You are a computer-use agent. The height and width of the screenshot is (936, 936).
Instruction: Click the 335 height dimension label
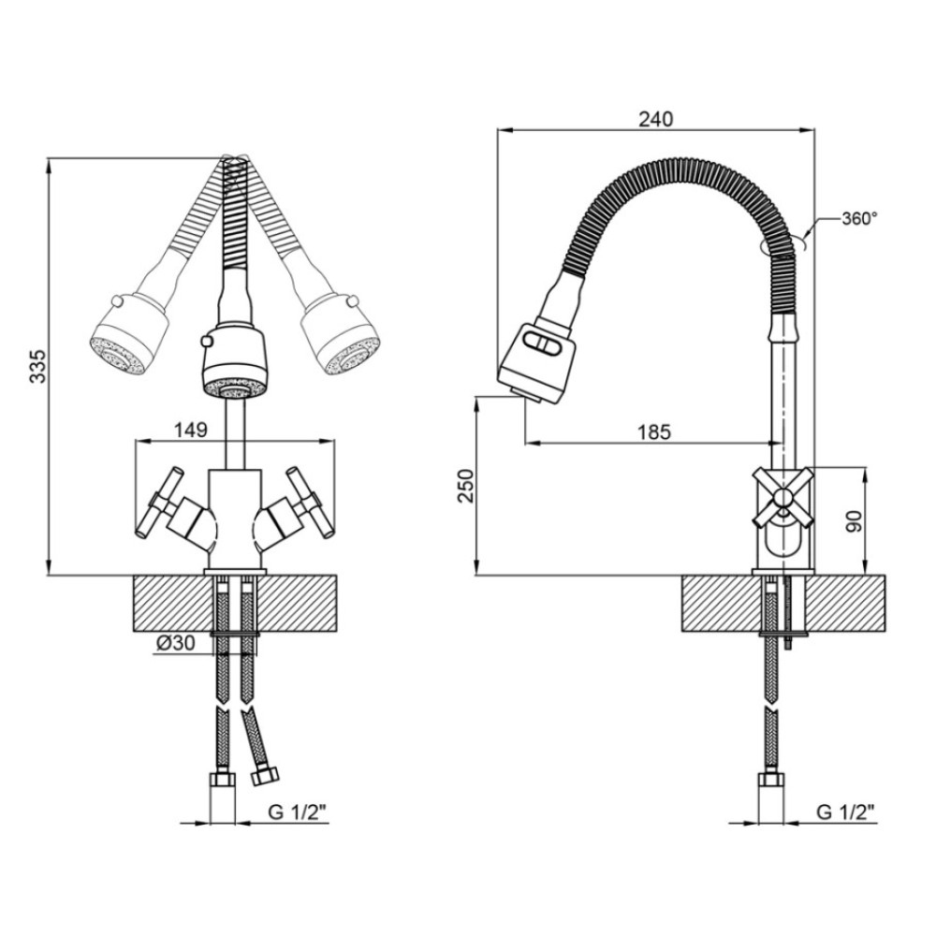[x=37, y=366]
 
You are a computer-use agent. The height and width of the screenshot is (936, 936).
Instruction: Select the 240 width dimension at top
[x=655, y=119]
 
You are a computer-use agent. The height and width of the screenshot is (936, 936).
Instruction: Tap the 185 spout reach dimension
[x=654, y=431]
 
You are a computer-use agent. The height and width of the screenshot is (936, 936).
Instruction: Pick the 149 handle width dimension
[x=190, y=430]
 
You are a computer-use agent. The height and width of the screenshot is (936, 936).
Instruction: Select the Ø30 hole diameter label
[x=176, y=643]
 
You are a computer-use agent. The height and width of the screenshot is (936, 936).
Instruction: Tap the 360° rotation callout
[x=859, y=219]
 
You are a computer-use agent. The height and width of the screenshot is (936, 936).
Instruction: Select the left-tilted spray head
[x=127, y=336]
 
